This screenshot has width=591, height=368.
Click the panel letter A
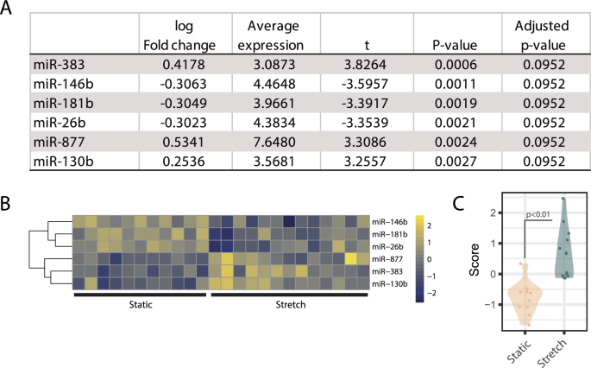point(10,12)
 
